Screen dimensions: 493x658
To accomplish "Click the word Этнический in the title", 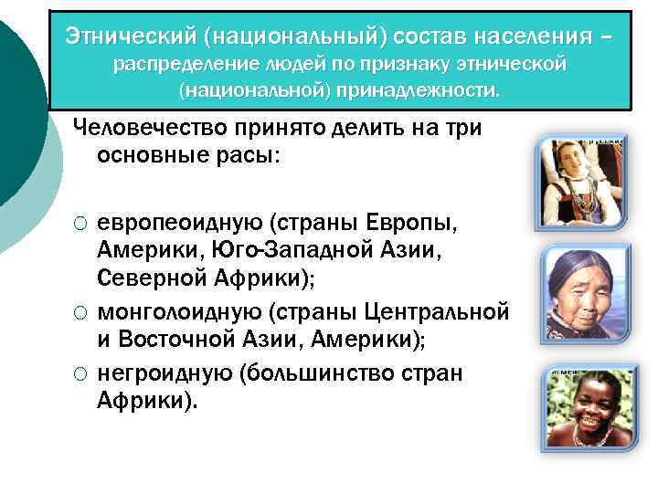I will click(132, 37).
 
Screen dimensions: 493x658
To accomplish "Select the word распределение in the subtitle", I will click(174, 65).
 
